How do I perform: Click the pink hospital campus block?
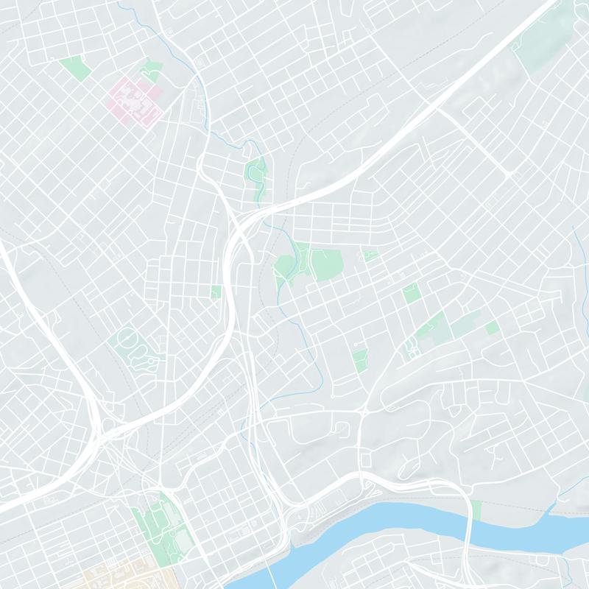[x=135, y=99]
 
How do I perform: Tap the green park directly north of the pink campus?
[x=152, y=69]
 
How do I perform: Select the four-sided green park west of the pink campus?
[x=75, y=67]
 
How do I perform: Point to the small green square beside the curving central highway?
[x=216, y=292]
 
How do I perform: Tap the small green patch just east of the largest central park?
[x=370, y=256]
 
